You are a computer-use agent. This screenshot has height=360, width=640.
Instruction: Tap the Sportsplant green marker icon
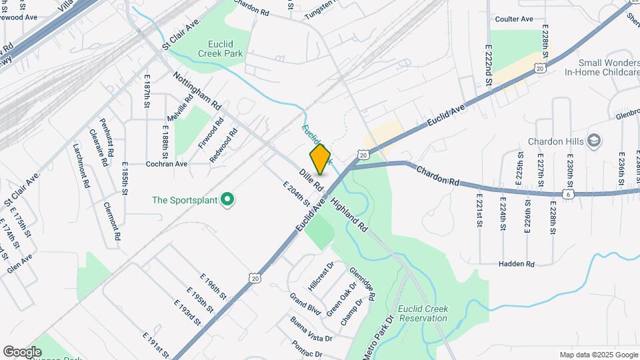227,199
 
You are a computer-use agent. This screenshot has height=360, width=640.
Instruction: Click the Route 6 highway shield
568,193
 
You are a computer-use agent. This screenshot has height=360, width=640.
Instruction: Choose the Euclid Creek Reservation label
423,313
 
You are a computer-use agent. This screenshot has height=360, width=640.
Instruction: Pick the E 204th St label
297,193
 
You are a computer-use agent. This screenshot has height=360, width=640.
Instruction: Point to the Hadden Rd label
517,264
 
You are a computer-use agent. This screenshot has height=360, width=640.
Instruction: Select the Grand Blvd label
305,303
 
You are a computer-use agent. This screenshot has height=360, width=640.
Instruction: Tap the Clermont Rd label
112,221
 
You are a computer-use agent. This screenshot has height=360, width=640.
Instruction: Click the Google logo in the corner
22,352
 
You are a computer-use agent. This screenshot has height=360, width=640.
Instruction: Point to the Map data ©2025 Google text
599,355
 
